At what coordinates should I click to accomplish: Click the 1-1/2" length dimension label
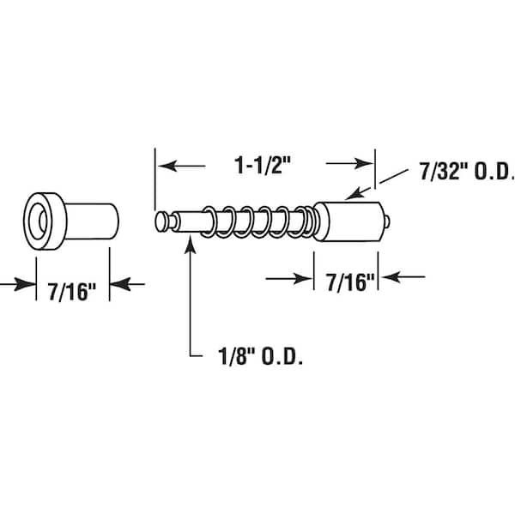[x=263, y=165]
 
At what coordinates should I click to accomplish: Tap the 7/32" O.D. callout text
[x=467, y=172]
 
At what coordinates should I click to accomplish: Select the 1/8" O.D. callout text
[x=260, y=356]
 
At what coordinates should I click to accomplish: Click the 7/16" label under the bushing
[x=71, y=291]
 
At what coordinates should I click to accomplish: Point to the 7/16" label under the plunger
[x=350, y=282]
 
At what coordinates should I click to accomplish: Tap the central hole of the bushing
[x=39, y=221]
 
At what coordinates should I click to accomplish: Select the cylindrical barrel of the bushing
[x=92, y=221]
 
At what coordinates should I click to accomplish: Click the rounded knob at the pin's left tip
[x=161, y=221]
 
